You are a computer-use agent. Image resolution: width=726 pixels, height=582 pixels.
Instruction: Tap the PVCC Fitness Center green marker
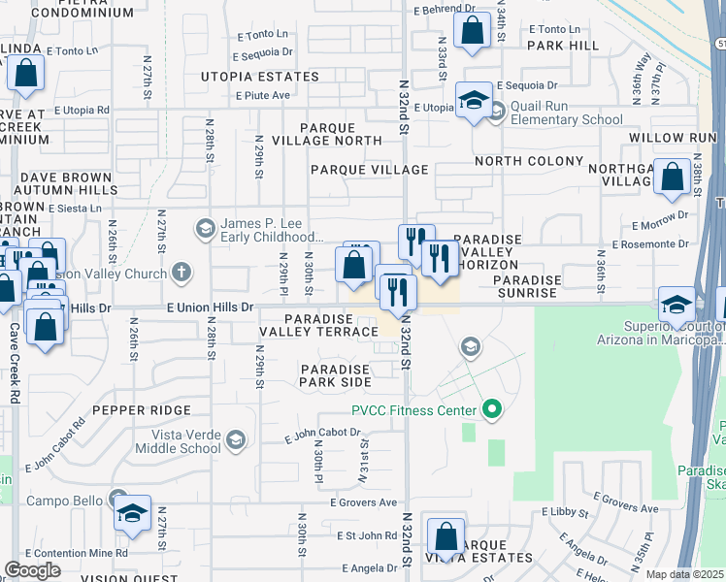[x=491, y=410]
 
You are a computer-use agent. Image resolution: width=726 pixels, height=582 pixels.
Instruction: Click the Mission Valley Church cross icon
[x=181, y=274]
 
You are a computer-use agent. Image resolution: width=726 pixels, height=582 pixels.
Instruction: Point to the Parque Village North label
[x=341, y=134]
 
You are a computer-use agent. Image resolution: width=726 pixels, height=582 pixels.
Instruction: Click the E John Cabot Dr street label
[x=322, y=436]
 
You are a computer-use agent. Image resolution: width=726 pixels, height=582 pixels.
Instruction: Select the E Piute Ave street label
[x=264, y=95]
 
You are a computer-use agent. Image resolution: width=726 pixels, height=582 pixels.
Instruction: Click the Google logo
[x=32, y=570]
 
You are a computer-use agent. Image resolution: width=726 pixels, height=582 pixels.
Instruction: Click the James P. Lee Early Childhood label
[x=271, y=230]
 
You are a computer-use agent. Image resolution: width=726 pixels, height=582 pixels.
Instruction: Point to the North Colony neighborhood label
[x=528, y=161]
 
